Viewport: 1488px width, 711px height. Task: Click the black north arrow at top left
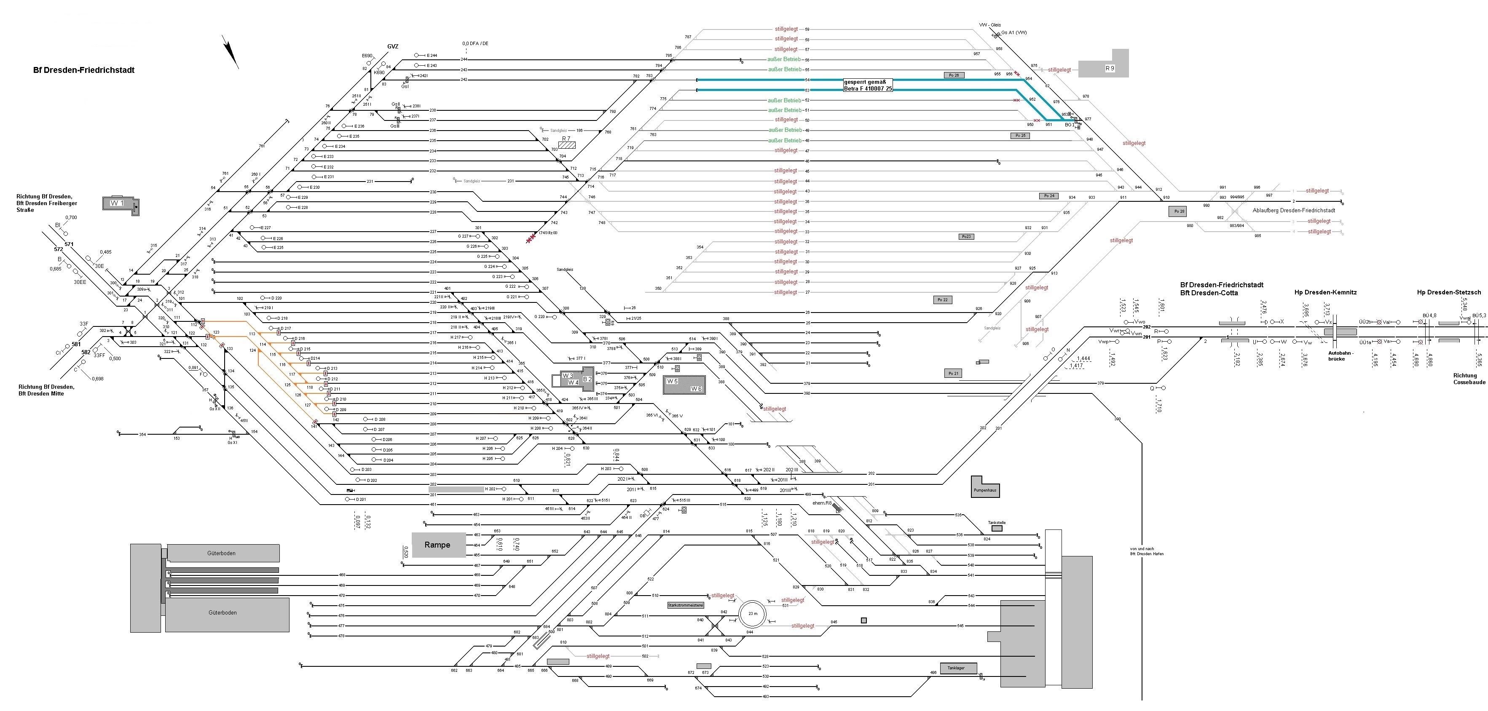(231, 53)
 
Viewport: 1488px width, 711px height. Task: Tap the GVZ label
(393, 47)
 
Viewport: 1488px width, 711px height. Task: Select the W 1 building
(121, 204)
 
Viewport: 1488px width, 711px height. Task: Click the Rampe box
(438, 545)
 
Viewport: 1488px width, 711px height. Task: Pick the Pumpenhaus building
(985, 489)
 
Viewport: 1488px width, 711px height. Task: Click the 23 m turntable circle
(753, 613)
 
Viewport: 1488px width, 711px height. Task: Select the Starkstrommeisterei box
(686, 605)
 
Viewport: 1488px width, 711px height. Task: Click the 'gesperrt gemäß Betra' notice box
(868, 85)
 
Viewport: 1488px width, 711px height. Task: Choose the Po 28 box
(1177, 211)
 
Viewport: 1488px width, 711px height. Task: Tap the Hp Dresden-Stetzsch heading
(1448, 292)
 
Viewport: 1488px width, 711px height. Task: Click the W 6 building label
(696, 389)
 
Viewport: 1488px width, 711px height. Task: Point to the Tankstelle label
(997, 522)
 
